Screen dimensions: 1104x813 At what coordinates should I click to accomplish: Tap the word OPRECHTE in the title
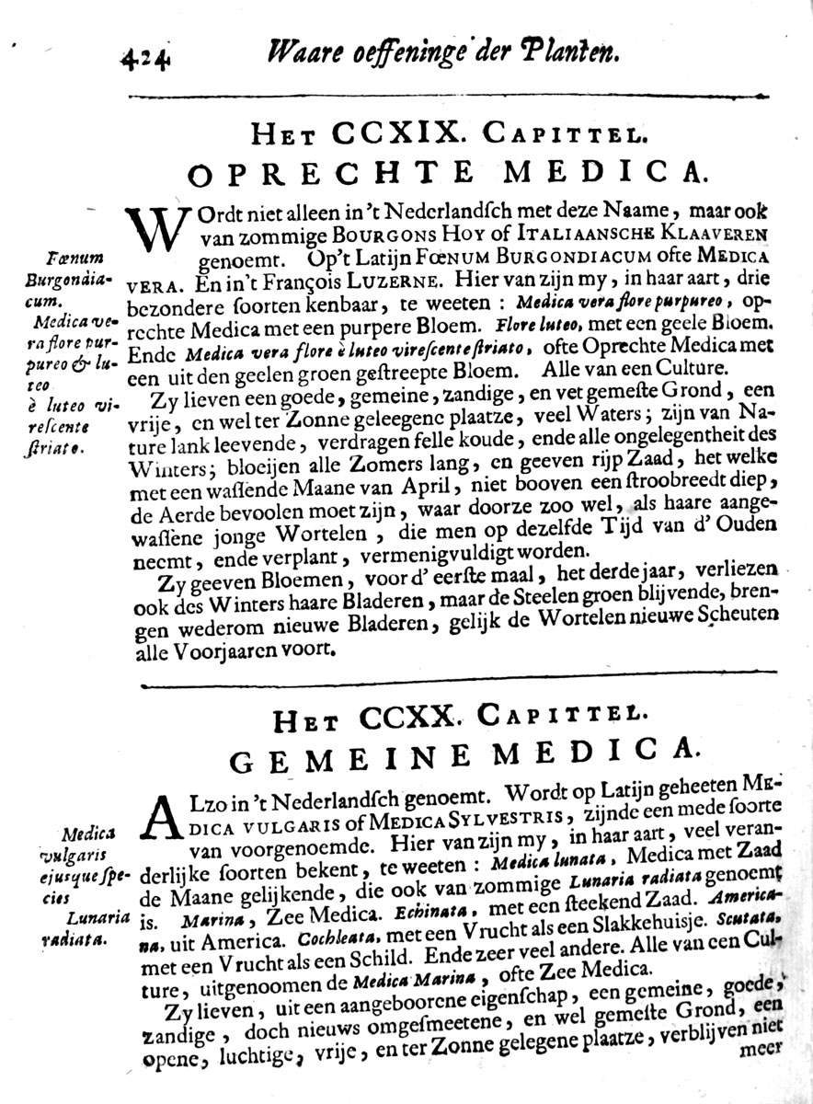(x=324, y=172)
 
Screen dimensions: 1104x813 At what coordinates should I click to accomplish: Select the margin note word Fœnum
(x=78, y=256)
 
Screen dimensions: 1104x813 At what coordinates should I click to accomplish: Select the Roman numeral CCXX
(x=410, y=714)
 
